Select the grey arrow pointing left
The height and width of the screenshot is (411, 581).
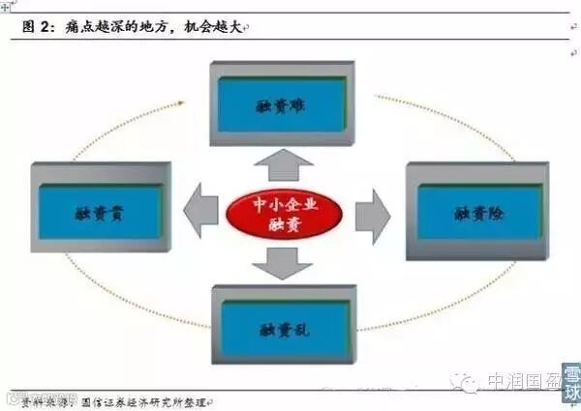(200, 211)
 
